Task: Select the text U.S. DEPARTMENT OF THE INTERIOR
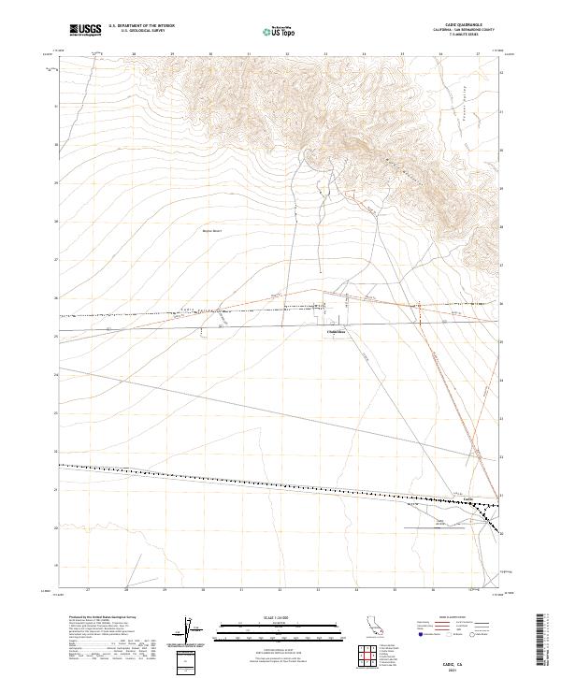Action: click(141, 25)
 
